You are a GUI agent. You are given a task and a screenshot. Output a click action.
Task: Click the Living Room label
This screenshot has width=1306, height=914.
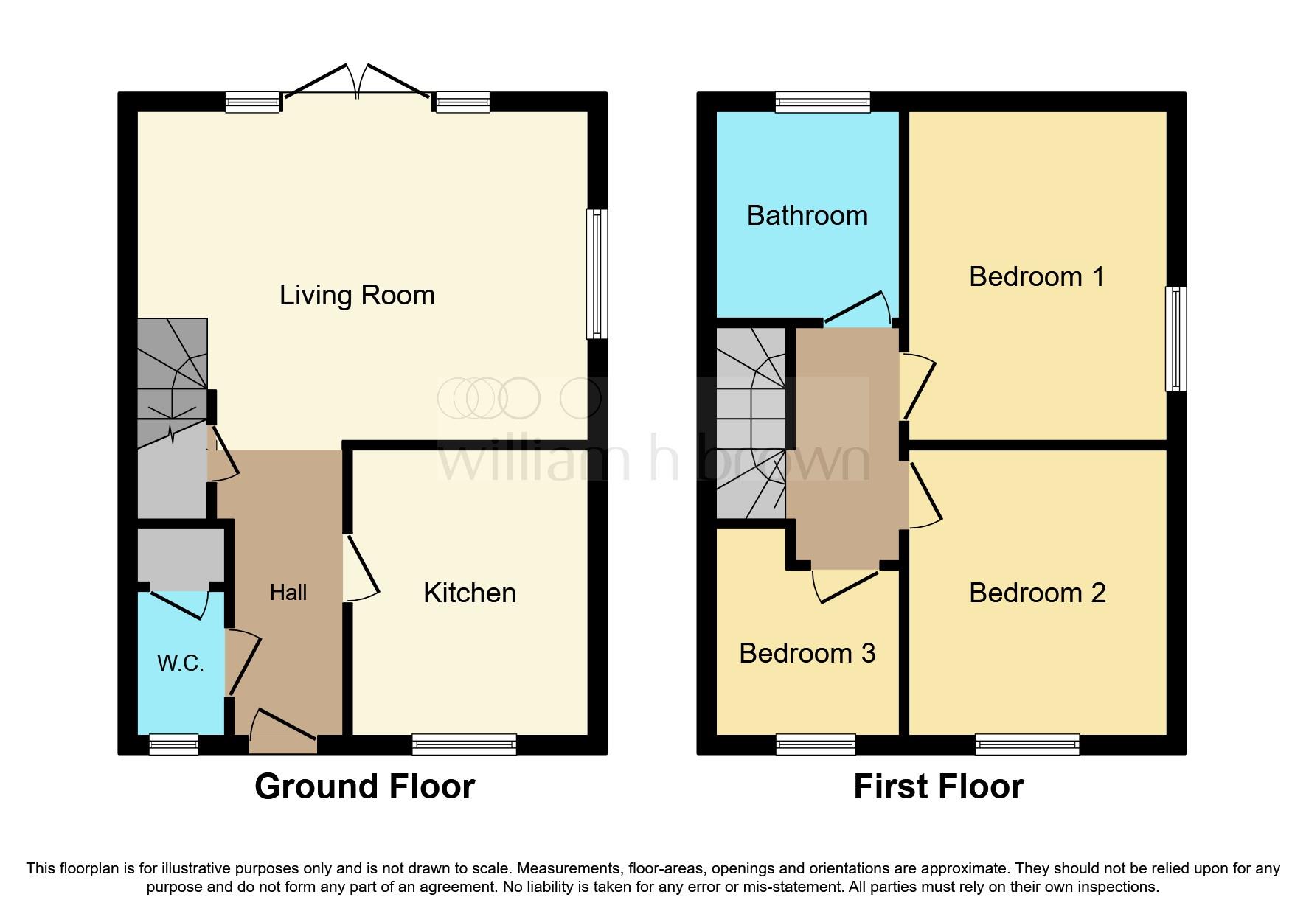click(x=357, y=296)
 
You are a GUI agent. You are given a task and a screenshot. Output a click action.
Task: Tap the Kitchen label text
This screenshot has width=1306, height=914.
click(x=469, y=593)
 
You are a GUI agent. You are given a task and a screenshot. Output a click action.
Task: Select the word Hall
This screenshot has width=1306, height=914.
click(x=288, y=593)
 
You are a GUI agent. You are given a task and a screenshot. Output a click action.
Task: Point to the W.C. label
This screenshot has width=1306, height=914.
click(x=180, y=663)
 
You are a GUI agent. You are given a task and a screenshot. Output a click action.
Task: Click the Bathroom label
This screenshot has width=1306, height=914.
click(x=807, y=216)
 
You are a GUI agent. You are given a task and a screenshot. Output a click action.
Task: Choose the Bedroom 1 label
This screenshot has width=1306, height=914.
click(x=1036, y=277)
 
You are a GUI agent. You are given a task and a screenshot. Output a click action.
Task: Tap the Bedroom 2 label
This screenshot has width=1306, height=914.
click(x=1037, y=593)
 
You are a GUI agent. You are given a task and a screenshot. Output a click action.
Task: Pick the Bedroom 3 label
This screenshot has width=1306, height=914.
click(x=807, y=654)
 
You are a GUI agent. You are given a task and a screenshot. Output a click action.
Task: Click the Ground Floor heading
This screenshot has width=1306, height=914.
click(x=364, y=786)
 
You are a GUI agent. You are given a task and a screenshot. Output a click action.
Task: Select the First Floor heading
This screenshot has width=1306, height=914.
click(x=938, y=786)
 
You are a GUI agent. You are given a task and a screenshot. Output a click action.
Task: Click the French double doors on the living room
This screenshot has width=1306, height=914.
click(x=357, y=83)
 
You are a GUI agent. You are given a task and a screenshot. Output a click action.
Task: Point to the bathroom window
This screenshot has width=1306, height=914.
click(x=822, y=102)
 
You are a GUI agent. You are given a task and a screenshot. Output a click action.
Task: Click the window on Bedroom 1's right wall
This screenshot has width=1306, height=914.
click(x=1175, y=338)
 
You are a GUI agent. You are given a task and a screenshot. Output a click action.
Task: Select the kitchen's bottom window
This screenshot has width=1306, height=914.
click(x=464, y=744)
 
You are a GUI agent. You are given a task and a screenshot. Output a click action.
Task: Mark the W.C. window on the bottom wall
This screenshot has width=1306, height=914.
click(x=173, y=744)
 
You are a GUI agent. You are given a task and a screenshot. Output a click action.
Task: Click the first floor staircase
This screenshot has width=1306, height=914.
click(x=751, y=423)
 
